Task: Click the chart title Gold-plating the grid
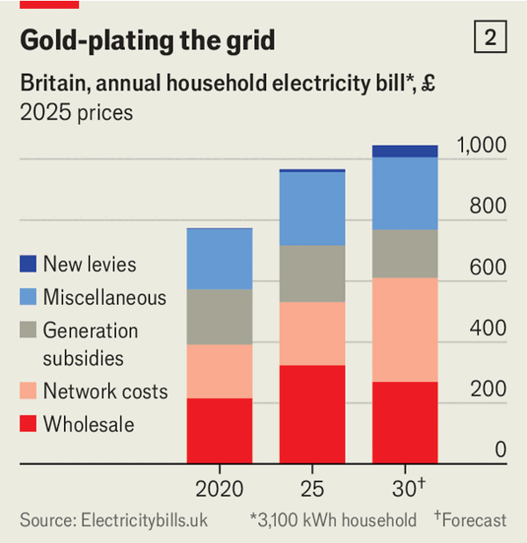tap(148, 40)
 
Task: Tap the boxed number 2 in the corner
tap(489, 38)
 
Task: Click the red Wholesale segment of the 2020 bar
tap(220, 430)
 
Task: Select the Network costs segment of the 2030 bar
tap(404, 329)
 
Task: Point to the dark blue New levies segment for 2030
tap(404, 151)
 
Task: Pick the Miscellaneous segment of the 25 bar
tap(312, 208)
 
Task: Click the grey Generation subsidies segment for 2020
tap(220, 316)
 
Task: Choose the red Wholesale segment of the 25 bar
tap(312, 413)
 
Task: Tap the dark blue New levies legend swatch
tap(28, 264)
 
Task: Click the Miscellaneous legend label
tap(105, 297)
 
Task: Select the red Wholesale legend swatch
tap(28, 424)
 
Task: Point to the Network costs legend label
tap(105, 391)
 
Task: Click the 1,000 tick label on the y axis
tap(481, 146)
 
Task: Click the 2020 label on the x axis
tap(219, 489)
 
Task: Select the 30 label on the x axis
tap(402, 489)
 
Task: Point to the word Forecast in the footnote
tap(474, 520)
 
